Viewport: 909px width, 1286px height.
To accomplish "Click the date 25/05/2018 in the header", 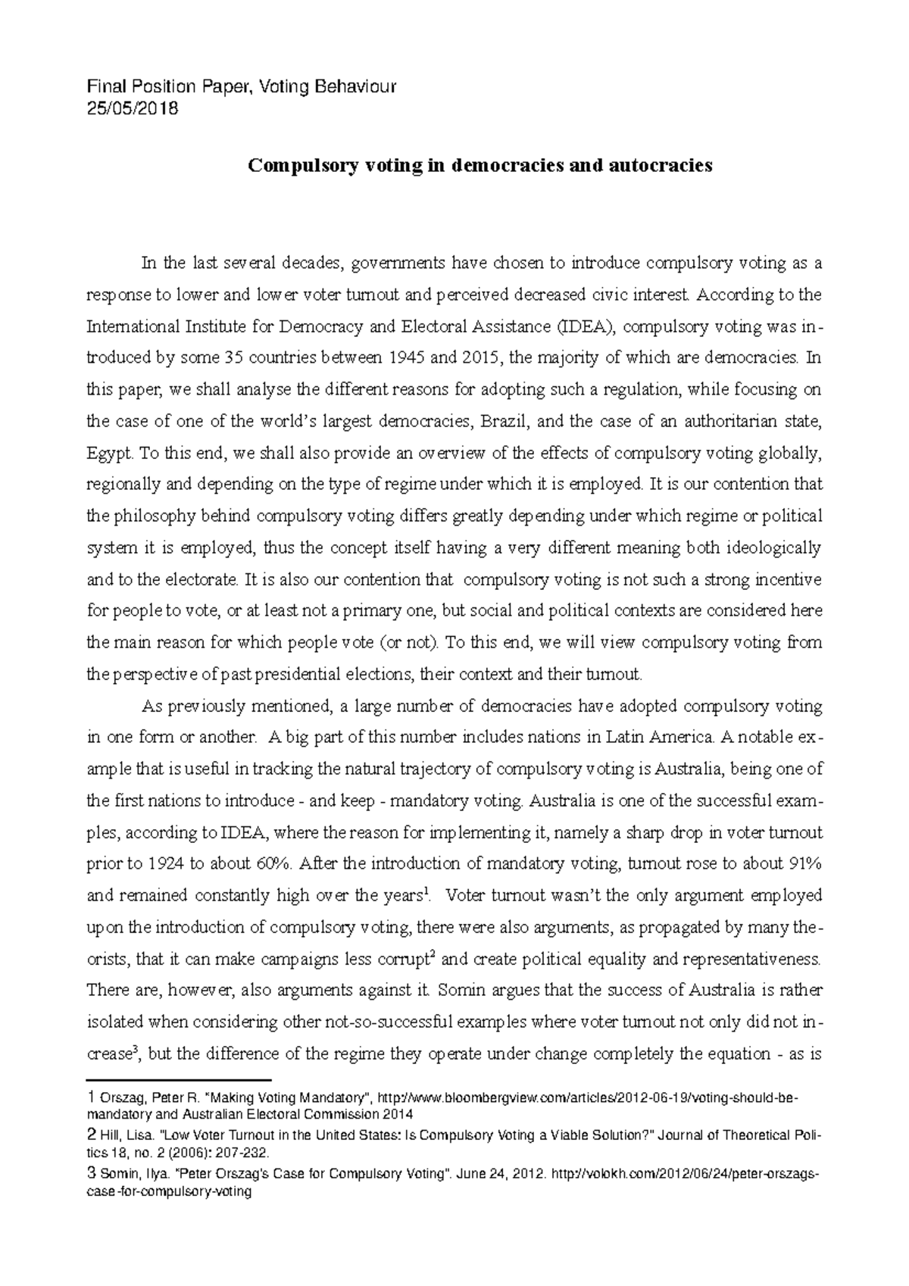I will pos(133,109).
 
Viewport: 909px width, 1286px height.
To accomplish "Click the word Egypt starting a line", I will pos(110,454).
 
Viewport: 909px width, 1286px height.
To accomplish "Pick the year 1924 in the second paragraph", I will pos(166,864).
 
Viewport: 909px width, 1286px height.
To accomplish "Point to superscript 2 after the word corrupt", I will pos(432,954).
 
